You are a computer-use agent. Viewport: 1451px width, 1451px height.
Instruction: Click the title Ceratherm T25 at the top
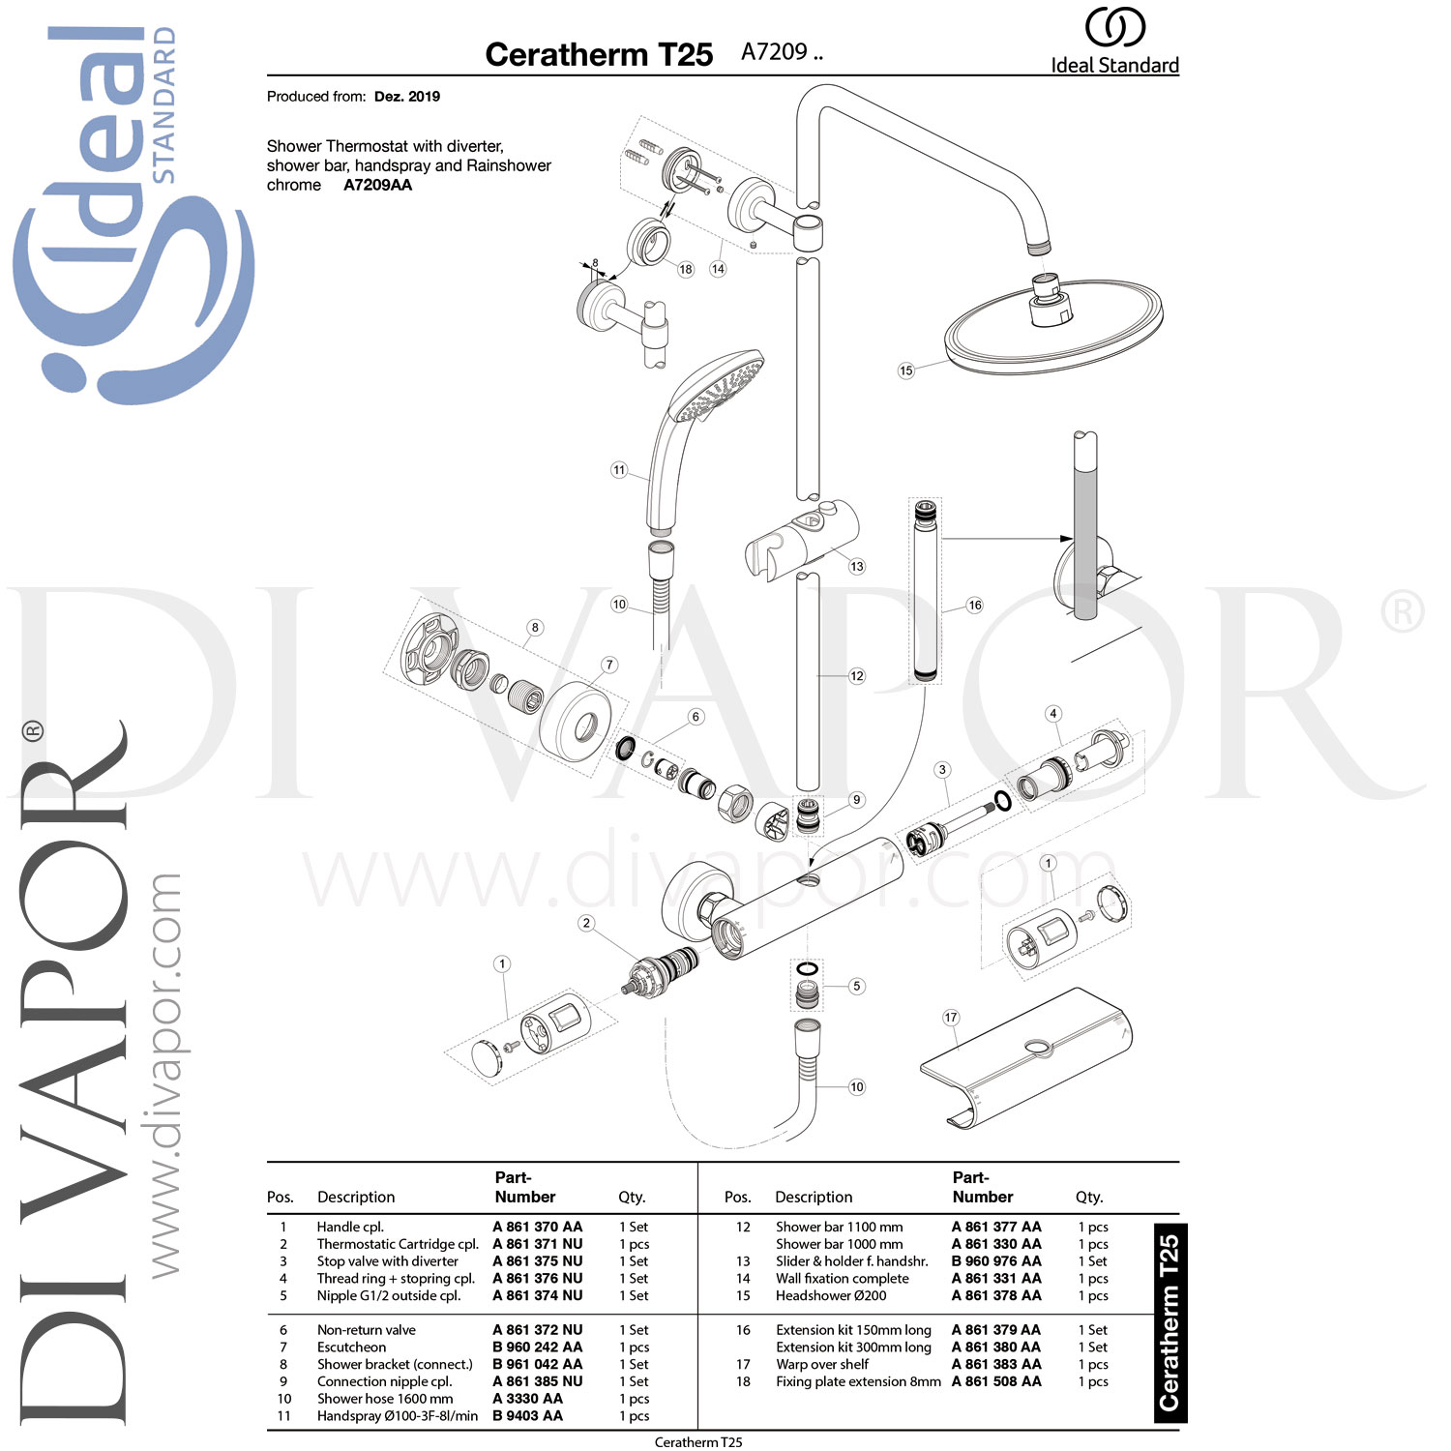pos(599,55)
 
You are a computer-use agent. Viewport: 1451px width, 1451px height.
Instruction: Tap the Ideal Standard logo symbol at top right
pos(1114,27)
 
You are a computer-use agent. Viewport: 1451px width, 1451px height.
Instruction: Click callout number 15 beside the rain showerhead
pos(905,370)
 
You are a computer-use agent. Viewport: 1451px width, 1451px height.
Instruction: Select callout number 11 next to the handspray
pos(619,470)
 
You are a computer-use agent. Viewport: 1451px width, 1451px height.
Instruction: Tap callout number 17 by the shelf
pos(951,1017)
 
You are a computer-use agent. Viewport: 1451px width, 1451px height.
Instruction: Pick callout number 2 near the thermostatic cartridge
pos(585,923)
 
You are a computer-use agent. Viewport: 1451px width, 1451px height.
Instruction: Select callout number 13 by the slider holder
pos(856,566)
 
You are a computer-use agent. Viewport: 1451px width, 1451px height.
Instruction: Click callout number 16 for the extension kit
pos(974,606)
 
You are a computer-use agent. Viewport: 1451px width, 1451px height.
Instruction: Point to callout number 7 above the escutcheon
pos(608,665)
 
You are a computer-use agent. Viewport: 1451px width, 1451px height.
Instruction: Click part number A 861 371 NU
pos(537,1244)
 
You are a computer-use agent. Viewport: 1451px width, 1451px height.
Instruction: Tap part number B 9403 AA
pos(527,1415)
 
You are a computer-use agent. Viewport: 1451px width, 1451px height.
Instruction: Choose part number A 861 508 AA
pos(996,1381)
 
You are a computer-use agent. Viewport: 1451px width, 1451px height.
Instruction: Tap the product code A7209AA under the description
pos(377,185)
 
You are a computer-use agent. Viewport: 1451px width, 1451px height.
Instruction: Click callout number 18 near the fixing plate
pos(685,269)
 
